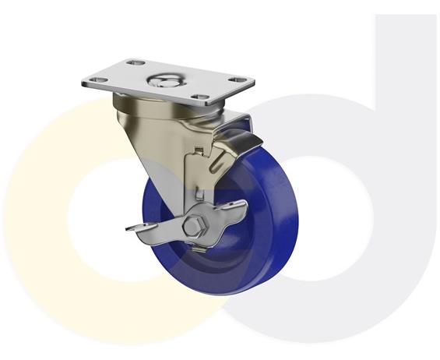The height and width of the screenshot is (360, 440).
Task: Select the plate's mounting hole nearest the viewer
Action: [200, 100]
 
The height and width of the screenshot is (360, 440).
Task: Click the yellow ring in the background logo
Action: [47, 234]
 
